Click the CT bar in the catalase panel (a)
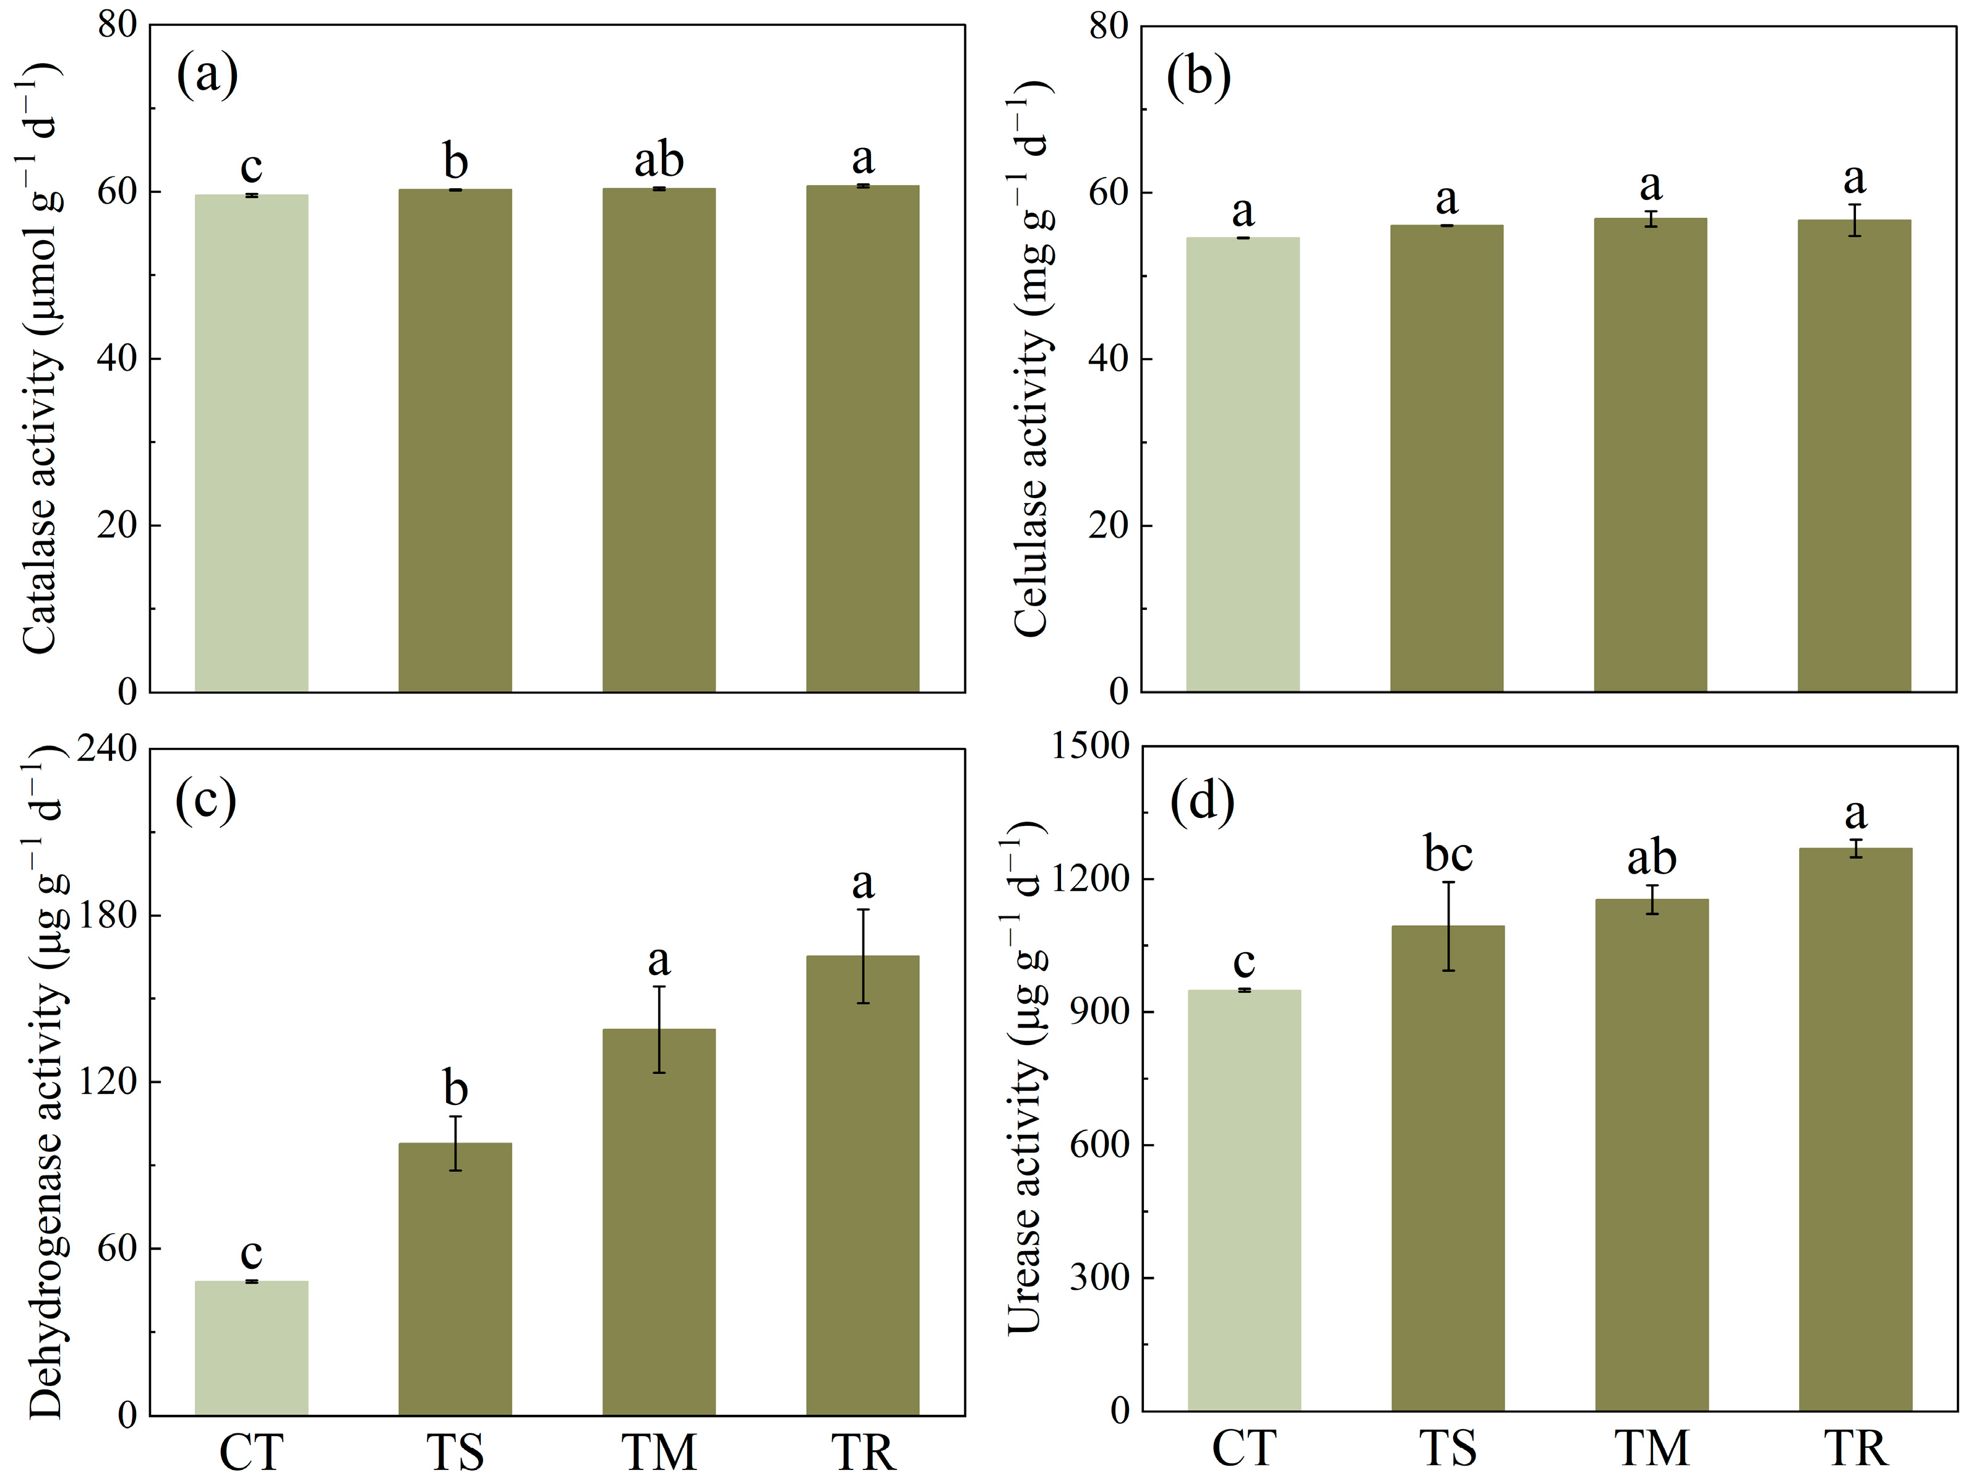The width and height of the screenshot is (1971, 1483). click(251, 443)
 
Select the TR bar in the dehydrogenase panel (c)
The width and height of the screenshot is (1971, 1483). click(862, 1185)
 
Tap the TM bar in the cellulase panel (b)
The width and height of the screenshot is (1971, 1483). click(1650, 455)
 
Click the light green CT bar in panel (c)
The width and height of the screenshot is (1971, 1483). click(251, 1348)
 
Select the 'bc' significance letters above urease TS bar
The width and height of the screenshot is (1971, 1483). click(1448, 854)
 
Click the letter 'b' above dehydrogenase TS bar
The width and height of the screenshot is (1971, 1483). click(455, 1088)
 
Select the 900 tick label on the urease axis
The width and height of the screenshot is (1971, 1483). click(1101, 1012)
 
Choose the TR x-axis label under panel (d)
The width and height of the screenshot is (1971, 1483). click(1856, 1449)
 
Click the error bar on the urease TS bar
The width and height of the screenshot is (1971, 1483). click(1449, 926)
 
